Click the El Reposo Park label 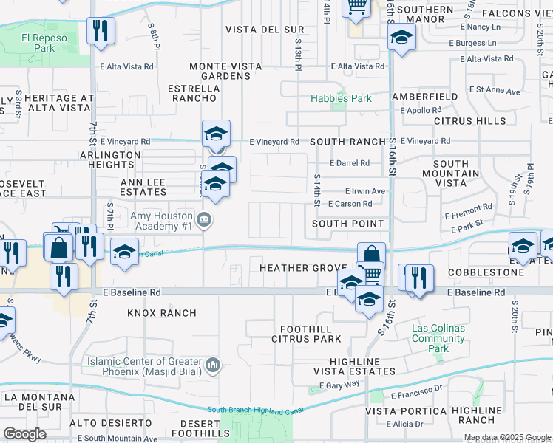pos(38,44)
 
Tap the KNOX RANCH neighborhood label pos(162,313)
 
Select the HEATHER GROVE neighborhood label pos(303,267)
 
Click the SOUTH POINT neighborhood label pos(347,224)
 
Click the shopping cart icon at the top pos(356,7)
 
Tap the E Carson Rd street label pos(350,204)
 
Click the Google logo pos(24,434)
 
